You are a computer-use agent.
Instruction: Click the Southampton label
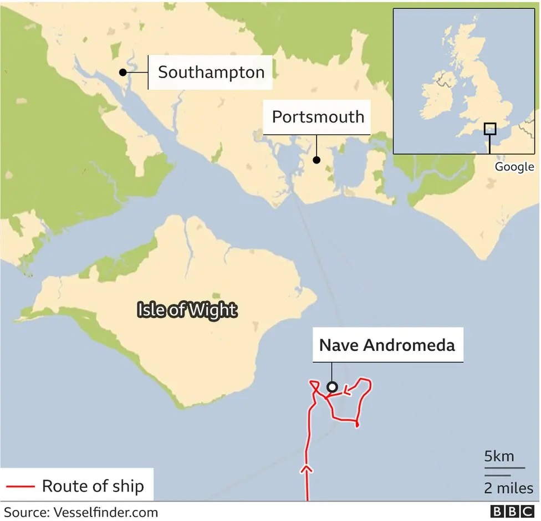pyautogui.click(x=211, y=72)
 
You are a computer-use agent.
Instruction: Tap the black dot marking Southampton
pyautogui.click(x=123, y=72)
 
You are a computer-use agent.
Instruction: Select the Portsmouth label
pyautogui.click(x=318, y=117)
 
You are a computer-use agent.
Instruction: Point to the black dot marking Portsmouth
pyautogui.click(x=317, y=160)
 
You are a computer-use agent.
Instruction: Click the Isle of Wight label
pyautogui.click(x=186, y=310)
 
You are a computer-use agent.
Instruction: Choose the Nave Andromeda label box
pyautogui.click(x=387, y=345)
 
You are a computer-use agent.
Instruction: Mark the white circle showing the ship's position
pyautogui.click(x=332, y=387)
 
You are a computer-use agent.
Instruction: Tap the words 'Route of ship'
pyautogui.click(x=93, y=487)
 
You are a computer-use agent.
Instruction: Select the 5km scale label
pyautogui.click(x=499, y=457)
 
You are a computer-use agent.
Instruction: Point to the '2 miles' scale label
pyautogui.click(x=508, y=488)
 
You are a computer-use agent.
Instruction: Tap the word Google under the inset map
pyautogui.click(x=514, y=166)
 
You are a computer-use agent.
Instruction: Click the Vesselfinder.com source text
pyautogui.click(x=105, y=512)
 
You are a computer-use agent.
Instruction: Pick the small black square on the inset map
pyautogui.click(x=489, y=129)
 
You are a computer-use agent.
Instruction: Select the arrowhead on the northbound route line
pyautogui.click(x=306, y=470)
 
